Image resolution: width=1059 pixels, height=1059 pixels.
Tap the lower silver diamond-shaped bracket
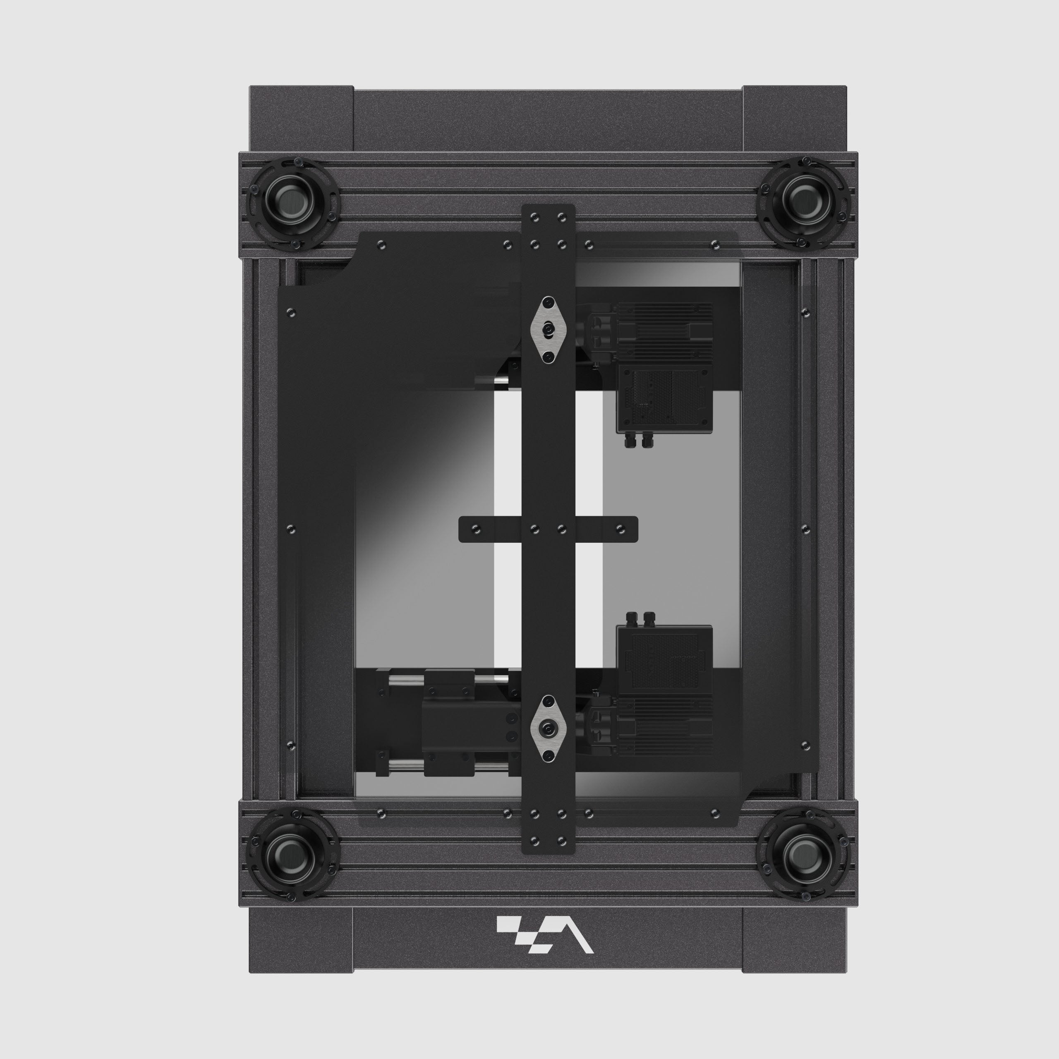pyautogui.click(x=548, y=728)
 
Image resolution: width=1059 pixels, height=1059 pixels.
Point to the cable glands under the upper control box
pyautogui.click(x=637, y=441)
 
